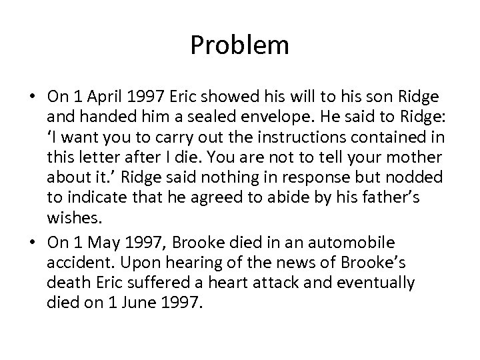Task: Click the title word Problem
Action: coord(239,46)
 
